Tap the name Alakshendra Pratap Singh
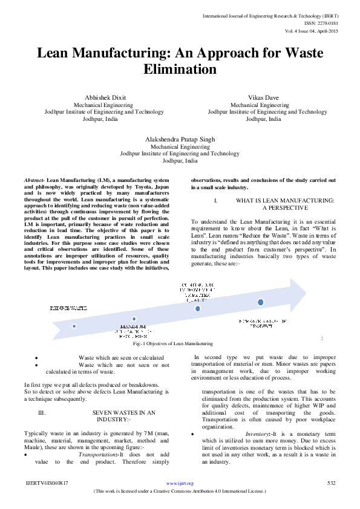180,140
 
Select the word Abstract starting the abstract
34,181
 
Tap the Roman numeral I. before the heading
215,200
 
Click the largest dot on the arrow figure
260,302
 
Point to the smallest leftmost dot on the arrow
74,325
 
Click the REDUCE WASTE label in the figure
68,308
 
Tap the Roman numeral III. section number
42,412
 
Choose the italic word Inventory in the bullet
258,434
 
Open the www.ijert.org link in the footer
180,484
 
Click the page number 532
331,483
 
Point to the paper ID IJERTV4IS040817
47,484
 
